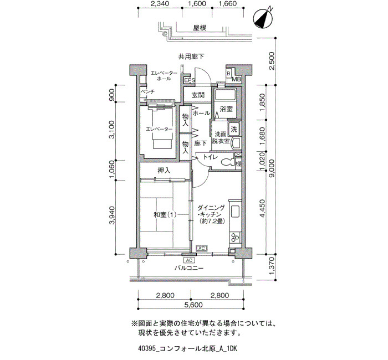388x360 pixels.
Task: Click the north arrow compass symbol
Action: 263,18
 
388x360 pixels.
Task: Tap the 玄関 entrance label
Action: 198,95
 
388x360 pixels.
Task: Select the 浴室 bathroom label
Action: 226,109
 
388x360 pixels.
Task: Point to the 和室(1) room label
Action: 165,215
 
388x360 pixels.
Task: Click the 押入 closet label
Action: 164,171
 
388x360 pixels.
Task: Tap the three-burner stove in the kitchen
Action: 235,238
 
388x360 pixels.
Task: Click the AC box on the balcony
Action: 190,260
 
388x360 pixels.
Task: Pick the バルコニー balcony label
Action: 189,268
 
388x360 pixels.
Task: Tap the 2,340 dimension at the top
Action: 160,4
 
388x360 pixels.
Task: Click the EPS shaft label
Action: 190,81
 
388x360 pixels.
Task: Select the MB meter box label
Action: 236,80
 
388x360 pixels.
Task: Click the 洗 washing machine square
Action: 234,129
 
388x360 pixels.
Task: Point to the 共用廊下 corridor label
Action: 191,56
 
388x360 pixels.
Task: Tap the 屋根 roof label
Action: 200,28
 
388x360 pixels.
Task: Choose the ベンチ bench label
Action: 148,91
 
